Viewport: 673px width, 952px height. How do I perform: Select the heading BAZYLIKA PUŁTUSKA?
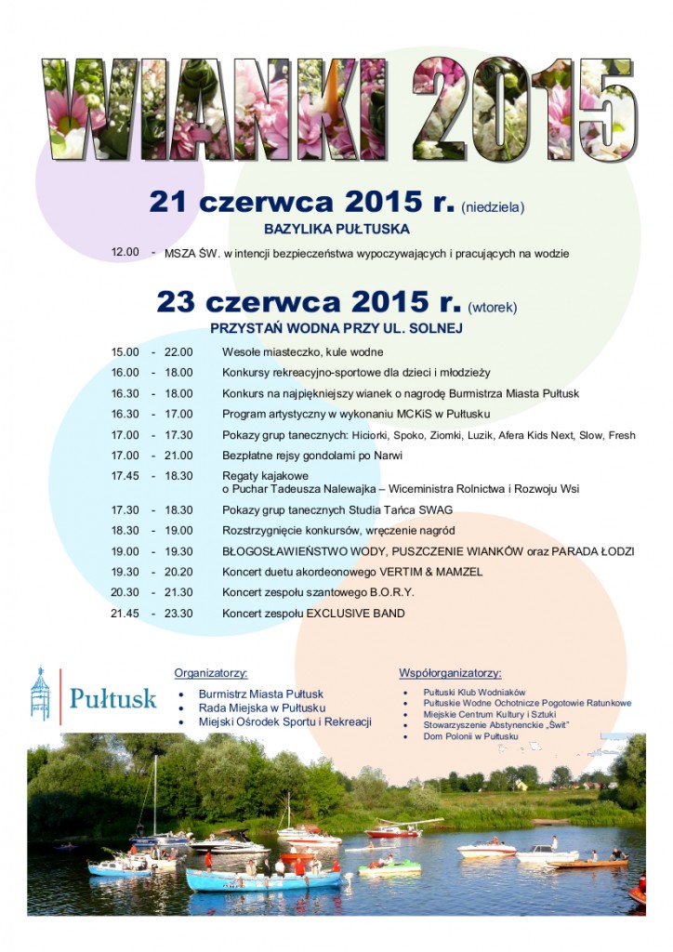click(336, 228)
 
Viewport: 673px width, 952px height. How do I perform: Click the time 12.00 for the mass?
click(125, 252)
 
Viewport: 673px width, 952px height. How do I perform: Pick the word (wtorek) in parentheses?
click(493, 307)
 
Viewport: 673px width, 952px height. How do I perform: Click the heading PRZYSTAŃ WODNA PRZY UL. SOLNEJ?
click(336, 328)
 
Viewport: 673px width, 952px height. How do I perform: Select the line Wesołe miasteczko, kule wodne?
click(302, 351)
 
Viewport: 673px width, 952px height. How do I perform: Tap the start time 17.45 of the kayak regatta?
click(125, 474)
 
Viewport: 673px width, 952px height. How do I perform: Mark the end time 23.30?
click(178, 614)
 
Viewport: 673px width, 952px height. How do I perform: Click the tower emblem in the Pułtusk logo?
click(39, 694)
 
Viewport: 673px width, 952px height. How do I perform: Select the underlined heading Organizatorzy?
click(211, 672)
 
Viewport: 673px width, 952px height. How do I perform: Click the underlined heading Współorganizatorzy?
click(450, 672)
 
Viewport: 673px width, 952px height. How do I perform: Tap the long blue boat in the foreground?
click(260, 880)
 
